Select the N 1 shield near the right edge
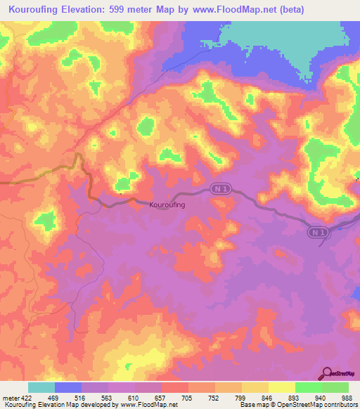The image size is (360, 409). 317,231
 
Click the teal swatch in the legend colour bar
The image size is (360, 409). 41,387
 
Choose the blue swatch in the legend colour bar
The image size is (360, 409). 68,387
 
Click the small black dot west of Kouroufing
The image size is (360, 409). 121,193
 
